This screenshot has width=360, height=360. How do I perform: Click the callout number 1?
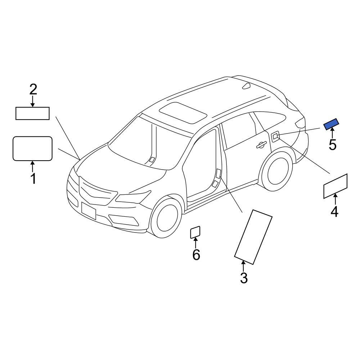[33, 179]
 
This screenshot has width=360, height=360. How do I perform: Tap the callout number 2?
[33, 89]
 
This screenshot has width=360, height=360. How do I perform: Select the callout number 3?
[244, 278]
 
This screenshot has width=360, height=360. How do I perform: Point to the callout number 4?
[334, 211]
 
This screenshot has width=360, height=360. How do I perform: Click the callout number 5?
[332, 145]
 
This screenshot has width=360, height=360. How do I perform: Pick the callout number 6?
[196, 255]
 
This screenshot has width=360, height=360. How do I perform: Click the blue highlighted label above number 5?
[331, 124]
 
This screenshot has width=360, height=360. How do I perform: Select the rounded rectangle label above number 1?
[33, 149]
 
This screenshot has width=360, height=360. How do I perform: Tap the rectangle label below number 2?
[32, 113]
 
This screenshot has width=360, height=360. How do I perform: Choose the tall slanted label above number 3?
[253, 237]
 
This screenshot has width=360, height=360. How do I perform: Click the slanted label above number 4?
[335, 186]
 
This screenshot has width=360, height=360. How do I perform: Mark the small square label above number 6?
[195, 232]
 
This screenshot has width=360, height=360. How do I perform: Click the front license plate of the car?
[89, 211]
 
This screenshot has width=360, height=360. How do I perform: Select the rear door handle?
[261, 145]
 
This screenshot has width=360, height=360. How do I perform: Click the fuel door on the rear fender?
[275, 136]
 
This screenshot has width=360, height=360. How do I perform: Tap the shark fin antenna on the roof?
[246, 86]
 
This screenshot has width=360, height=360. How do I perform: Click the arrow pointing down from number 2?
[33, 101]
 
